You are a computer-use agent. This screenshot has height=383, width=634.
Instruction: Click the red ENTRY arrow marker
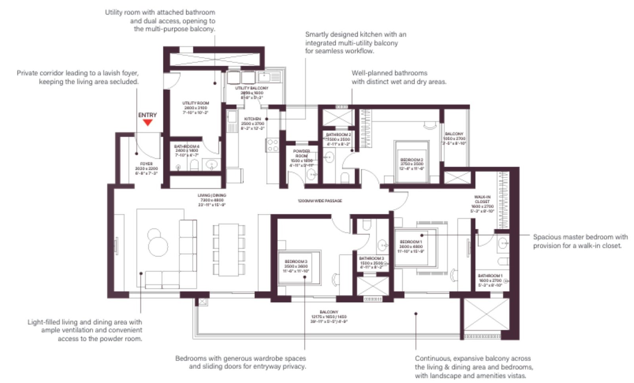pos(147,123)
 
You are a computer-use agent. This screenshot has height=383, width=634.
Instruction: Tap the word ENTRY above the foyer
pos(147,115)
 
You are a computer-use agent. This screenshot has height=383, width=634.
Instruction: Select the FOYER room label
pos(146,164)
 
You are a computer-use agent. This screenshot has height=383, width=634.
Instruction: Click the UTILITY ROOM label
pos(195,103)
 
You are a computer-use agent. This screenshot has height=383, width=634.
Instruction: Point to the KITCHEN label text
pos(252,119)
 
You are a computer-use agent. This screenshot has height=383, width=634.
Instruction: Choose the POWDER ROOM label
pos(302,154)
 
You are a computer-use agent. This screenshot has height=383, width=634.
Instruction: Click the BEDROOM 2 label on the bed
pos(412,160)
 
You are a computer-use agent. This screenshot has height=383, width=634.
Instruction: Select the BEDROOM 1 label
pos(411,242)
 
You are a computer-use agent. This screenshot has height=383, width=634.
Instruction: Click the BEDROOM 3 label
pos(296,261)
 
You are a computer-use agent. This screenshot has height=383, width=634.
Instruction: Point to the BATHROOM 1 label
pos(490,276)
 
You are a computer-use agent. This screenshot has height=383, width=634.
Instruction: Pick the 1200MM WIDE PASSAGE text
pos(320,201)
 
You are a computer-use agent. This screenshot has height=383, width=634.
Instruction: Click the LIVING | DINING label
pos(212,195)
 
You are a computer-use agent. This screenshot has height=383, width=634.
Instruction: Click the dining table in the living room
pos(229,250)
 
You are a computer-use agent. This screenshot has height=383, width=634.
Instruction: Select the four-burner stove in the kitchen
pos(273,145)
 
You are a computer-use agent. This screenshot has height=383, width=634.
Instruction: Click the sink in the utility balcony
pos(264,76)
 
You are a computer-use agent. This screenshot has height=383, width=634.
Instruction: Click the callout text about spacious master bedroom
pos(580,241)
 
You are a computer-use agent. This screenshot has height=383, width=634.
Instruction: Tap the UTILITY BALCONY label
pos(252,88)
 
